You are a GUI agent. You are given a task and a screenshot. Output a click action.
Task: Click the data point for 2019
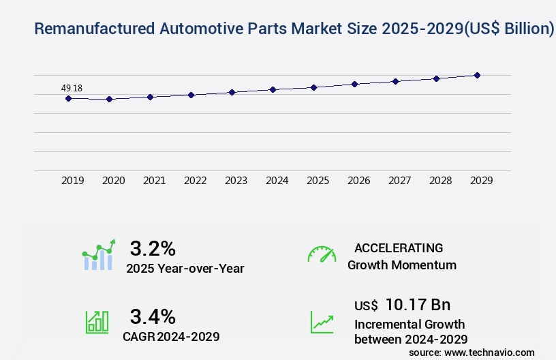pyautogui.click(x=68, y=98)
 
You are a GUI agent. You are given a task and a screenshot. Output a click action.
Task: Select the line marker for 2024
pyautogui.click(x=273, y=89)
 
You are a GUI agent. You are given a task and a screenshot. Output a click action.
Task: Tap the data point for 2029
pyautogui.click(x=477, y=75)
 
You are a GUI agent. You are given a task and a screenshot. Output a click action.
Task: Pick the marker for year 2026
pyautogui.click(x=354, y=84)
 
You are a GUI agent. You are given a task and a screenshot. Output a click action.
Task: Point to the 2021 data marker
pyautogui.click(x=150, y=97)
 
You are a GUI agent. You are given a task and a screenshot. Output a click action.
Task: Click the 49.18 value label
pyautogui.click(x=72, y=88)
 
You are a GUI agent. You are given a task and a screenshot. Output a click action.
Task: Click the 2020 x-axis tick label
pyautogui.click(x=113, y=181)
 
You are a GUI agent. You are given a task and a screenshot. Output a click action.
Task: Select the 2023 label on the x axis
pyautogui.click(x=236, y=181)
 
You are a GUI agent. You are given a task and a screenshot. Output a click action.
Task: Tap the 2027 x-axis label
pyautogui.click(x=399, y=181)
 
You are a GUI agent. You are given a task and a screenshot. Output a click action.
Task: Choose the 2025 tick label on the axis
pyautogui.click(x=318, y=181)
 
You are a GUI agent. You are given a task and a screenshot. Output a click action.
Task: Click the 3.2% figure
pyautogui.click(x=153, y=247)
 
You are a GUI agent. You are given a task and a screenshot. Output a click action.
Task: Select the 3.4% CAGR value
pyautogui.click(x=153, y=316)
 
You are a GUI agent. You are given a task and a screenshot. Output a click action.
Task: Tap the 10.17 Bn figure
pyautogui.click(x=418, y=305)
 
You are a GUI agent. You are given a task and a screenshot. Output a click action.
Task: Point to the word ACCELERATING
pyautogui.click(x=398, y=247)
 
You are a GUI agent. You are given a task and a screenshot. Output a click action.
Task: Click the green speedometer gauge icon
pyautogui.click(x=322, y=254)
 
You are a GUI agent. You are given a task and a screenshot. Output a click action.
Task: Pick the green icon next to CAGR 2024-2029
pyautogui.click(x=97, y=322)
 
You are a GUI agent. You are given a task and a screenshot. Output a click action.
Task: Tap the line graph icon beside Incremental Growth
pyautogui.click(x=322, y=322)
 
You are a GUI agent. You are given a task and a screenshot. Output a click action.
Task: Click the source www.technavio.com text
pyautogui.click(x=472, y=352)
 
